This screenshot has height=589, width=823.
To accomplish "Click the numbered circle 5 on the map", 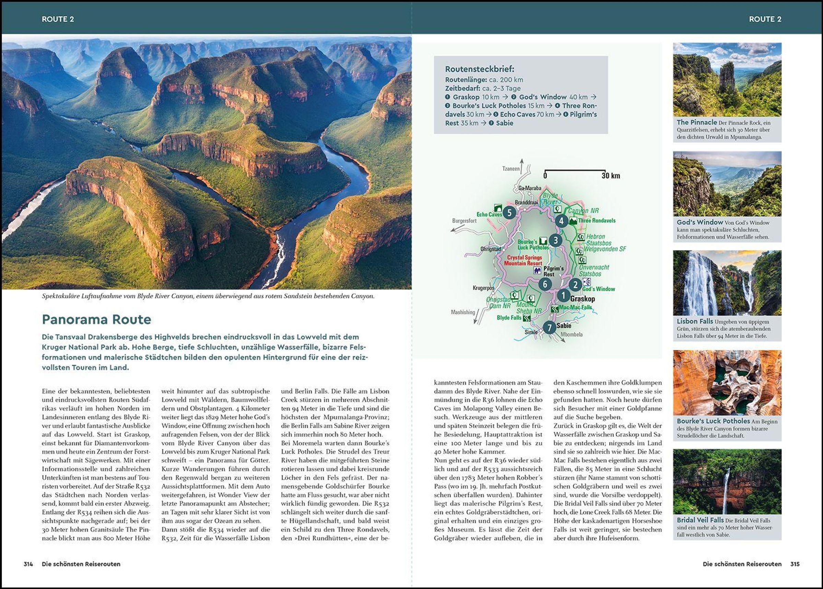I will point(509,213).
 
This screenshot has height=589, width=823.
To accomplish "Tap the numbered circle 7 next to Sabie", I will point(549,328).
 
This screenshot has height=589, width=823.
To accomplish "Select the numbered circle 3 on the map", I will point(555,240).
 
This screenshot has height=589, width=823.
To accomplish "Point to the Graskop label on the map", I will point(583,299).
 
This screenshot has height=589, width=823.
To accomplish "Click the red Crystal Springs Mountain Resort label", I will point(524,261).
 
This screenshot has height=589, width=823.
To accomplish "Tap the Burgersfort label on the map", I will point(464,220).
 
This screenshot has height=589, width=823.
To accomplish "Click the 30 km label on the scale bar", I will point(611,176).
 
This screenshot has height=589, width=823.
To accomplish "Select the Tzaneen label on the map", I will point(511,169).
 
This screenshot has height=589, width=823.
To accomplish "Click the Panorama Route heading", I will point(96,320).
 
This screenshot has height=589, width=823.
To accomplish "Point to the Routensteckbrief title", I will point(479,69).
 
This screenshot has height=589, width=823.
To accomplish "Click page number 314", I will point(28,564).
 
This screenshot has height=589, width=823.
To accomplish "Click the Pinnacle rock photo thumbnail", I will point(727,80).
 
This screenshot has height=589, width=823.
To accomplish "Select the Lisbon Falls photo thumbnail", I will point(727,283).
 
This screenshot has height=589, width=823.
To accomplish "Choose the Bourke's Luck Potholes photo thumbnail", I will point(727,383).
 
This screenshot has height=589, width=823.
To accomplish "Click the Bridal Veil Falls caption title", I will point(700,520).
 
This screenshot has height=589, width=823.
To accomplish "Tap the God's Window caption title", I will point(699,222).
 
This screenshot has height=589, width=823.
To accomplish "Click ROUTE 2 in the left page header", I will point(58,19).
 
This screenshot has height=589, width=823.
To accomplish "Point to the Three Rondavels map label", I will point(597,220).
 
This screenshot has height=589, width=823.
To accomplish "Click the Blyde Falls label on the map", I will point(509,318).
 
